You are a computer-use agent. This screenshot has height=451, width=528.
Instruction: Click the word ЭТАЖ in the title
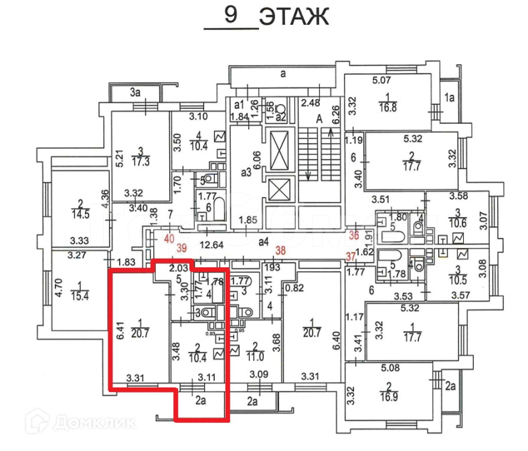point(294,17)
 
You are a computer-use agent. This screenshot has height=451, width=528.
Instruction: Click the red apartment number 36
point(354,235)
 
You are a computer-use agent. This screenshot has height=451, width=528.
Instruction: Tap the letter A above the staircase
point(319,118)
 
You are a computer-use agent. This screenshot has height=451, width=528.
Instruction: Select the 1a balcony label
point(450,98)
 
